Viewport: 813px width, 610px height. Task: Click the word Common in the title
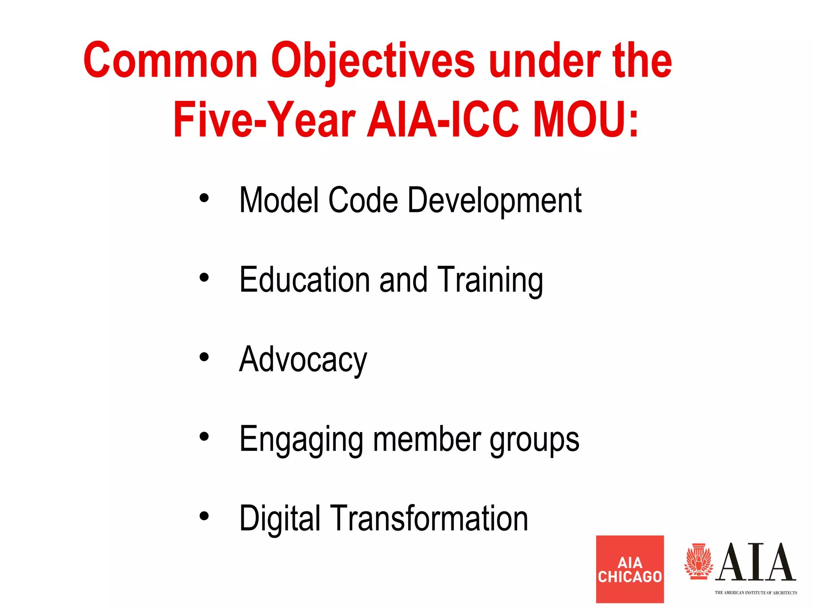point(170,60)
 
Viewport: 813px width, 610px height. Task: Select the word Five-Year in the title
point(264,119)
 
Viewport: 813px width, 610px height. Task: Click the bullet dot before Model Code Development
point(204,198)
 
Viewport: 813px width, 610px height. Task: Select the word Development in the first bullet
point(494,201)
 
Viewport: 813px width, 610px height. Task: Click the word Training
point(490,280)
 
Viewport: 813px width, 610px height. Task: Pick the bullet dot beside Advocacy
point(204,357)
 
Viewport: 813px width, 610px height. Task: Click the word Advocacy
point(303,360)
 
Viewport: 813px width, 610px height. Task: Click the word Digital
point(279,519)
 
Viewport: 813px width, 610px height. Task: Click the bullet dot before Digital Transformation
point(204,516)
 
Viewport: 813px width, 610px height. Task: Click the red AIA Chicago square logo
point(630,569)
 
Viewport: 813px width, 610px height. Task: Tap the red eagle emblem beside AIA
point(698,562)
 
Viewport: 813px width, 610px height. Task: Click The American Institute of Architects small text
point(755,593)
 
